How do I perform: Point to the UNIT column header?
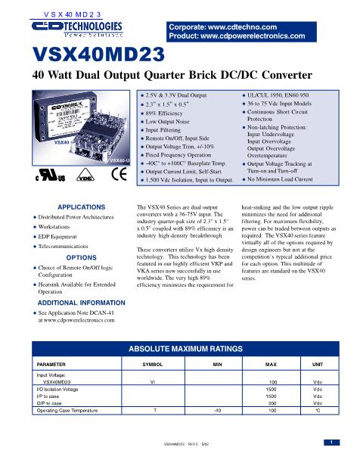pyautogui.click(x=317, y=364)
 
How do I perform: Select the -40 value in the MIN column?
pyautogui.click(x=217, y=412)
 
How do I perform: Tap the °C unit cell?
pyautogui.click(x=318, y=412)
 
